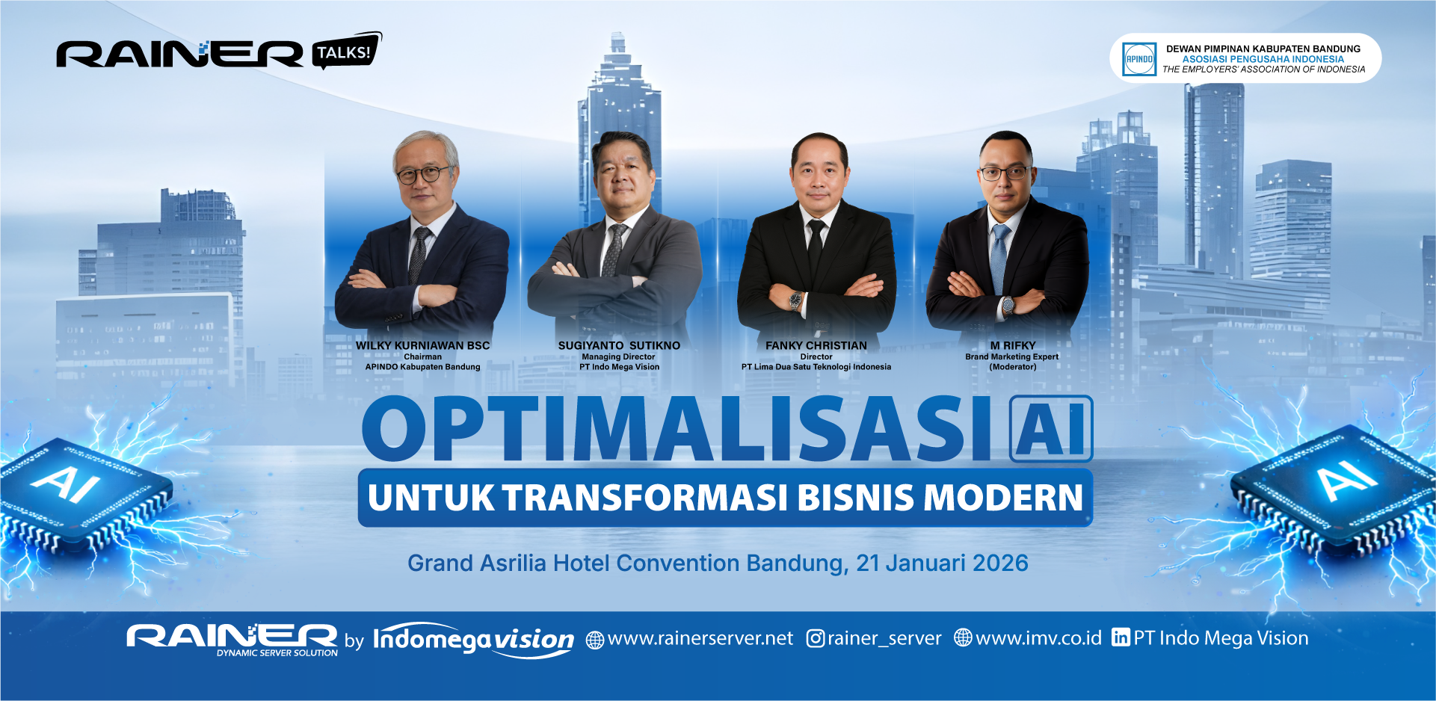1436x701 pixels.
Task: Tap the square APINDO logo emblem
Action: [x=1139, y=59]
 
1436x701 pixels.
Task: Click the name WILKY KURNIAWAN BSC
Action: [x=423, y=345]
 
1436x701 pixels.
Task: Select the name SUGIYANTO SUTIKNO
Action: [x=619, y=345]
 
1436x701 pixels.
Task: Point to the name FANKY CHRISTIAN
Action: [x=816, y=345]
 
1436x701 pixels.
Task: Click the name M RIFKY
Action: [x=1013, y=345]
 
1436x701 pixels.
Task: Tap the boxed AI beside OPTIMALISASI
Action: [x=1051, y=429]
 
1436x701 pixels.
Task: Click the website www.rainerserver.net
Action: [x=700, y=638]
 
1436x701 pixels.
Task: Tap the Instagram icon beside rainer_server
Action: [x=816, y=639]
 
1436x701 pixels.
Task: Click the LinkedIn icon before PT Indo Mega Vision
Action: [x=1121, y=637]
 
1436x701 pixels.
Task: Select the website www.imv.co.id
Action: [x=1039, y=638]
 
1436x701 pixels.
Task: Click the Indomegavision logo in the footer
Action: [x=473, y=640]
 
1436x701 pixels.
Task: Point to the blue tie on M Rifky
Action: [x=999, y=258]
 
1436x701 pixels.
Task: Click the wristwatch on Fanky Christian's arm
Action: [x=795, y=300]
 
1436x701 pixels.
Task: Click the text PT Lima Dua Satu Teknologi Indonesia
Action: [x=816, y=367]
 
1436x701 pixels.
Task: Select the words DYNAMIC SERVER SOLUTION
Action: [x=277, y=653]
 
